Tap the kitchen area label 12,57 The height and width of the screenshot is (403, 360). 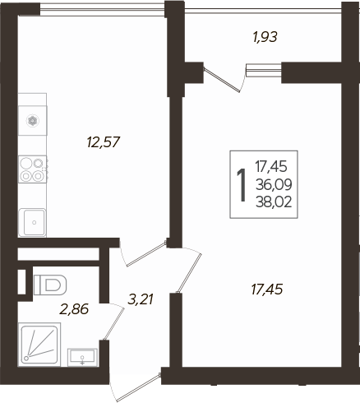tap(104, 141)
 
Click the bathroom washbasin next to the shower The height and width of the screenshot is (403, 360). tap(82, 355)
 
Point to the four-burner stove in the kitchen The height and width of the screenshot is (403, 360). tap(33, 168)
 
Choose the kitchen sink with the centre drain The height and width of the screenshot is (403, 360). tap(33, 220)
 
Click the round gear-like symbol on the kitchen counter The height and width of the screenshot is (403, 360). tap(32, 120)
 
